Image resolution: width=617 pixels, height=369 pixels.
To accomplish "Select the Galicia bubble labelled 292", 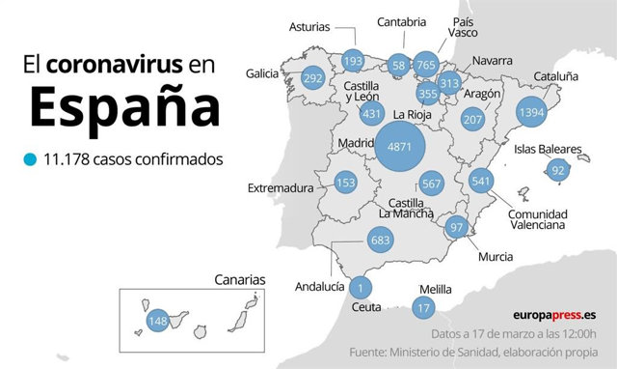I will tap(312, 78).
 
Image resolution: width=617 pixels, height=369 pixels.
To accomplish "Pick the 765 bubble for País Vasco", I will tap(426, 65).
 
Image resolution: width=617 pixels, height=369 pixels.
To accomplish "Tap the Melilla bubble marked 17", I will tap(422, 308).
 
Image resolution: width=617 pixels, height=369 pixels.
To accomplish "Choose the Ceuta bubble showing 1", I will tap(360, 287).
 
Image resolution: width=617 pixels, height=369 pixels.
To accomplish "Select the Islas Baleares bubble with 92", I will tap(557, 171).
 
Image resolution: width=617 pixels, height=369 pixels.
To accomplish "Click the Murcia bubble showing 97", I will tap(457, 227).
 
